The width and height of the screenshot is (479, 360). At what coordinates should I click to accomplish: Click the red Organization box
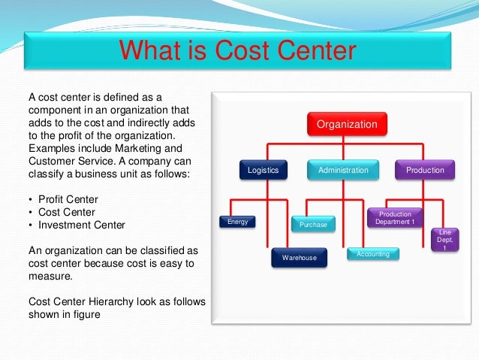[x=347, y=124]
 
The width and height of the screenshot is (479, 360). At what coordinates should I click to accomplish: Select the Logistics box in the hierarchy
[x=263, y=171]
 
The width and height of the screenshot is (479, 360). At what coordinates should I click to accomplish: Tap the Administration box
[x=343, y=171]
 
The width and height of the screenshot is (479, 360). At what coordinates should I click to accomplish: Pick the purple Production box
[x=425, y=171]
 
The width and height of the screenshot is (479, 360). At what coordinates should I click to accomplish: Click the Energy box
[x=237, y=222]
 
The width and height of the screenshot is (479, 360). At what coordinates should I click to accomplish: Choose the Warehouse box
[x=299, y=258]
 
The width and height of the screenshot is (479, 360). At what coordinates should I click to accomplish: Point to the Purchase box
[x=313, y=225]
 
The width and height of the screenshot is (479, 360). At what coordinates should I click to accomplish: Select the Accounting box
[x=373, y=255]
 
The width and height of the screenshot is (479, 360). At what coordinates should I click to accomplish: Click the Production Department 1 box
[x=395, y=218]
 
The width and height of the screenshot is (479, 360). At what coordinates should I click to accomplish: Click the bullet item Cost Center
[x=64, y=211]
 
